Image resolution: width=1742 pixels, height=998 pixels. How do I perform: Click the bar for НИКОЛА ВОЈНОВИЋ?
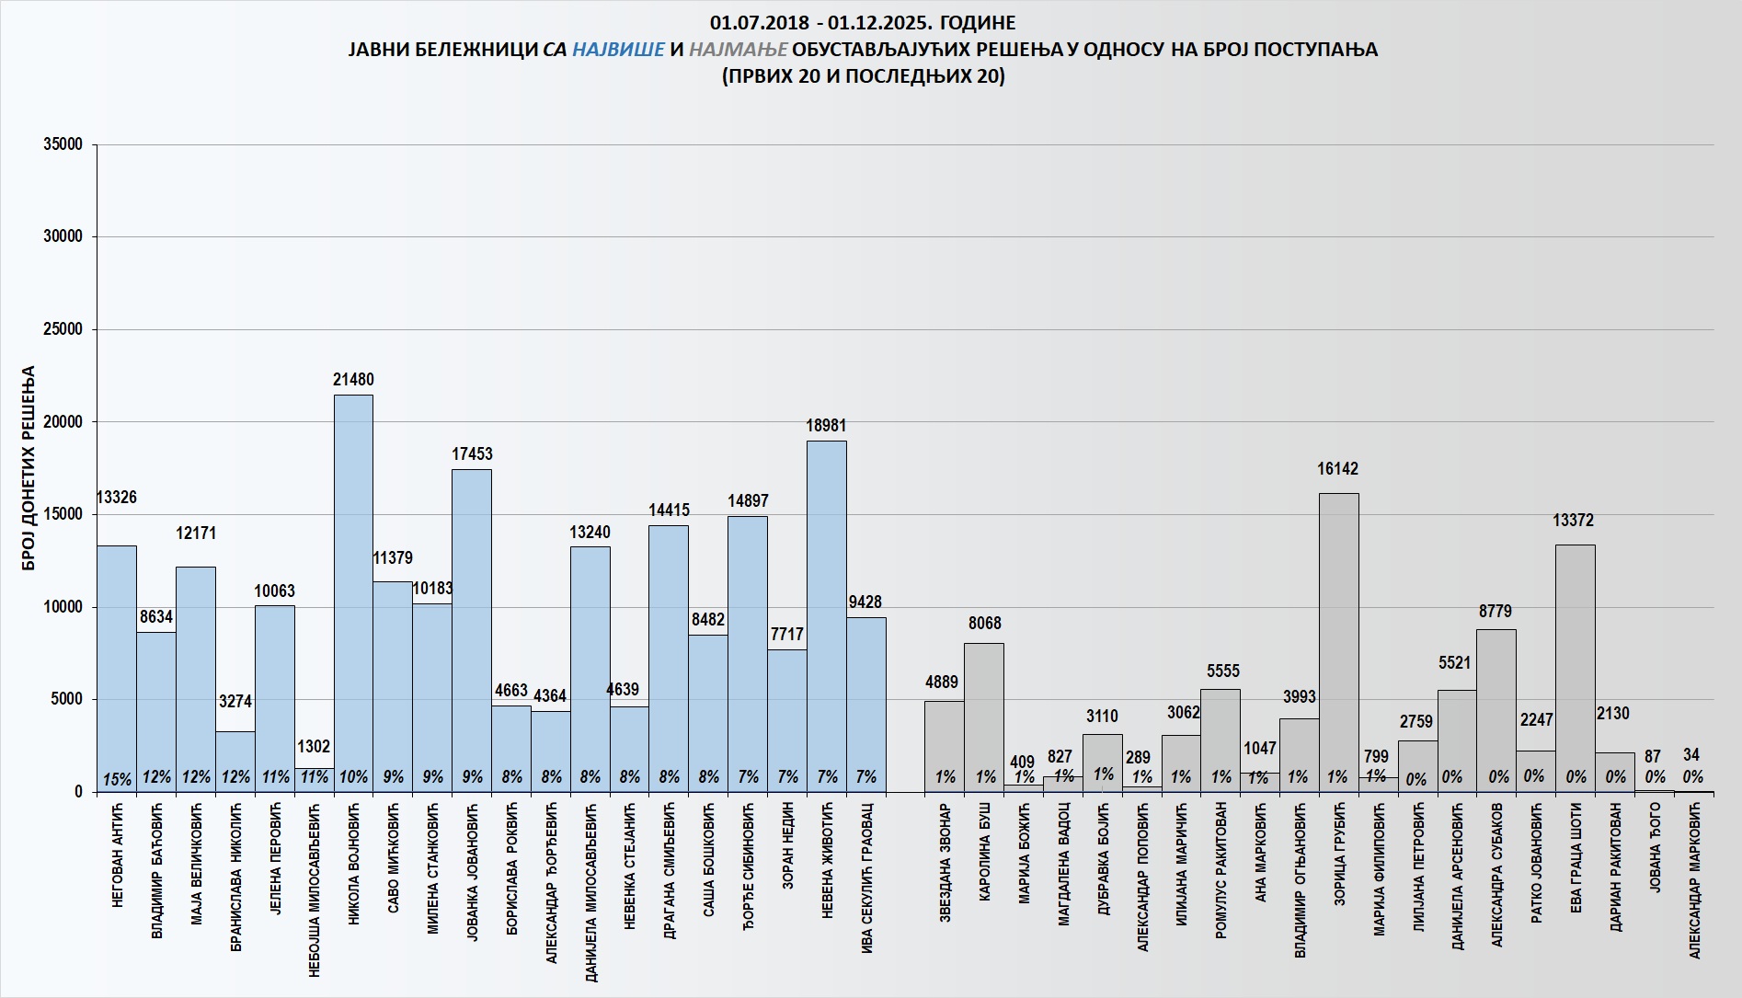tap(353, 589)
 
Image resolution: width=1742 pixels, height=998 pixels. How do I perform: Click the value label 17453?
tap(472, 454)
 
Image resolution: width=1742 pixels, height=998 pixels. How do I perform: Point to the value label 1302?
tap(314, 747)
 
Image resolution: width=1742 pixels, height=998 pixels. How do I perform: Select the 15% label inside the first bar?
tap(117, 779)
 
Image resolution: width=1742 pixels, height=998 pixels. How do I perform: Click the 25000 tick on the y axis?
tap(63, 329)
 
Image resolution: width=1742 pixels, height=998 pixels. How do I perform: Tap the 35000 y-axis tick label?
tap(63, 144)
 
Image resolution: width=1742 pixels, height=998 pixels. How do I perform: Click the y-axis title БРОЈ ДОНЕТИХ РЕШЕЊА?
tap(29, 468)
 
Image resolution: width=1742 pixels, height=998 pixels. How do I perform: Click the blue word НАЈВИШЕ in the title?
tap(618, 50)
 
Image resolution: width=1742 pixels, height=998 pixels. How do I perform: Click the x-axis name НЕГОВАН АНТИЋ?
tap(117, 855)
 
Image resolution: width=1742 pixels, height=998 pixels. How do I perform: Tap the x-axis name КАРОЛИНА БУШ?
tap(985, 855)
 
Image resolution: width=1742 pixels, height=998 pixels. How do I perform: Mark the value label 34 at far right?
tap(1691, 755)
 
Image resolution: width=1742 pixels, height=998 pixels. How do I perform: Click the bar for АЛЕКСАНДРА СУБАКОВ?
tap(1496, 708)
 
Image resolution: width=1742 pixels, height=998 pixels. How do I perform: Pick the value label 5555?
tap(1223, 671)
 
